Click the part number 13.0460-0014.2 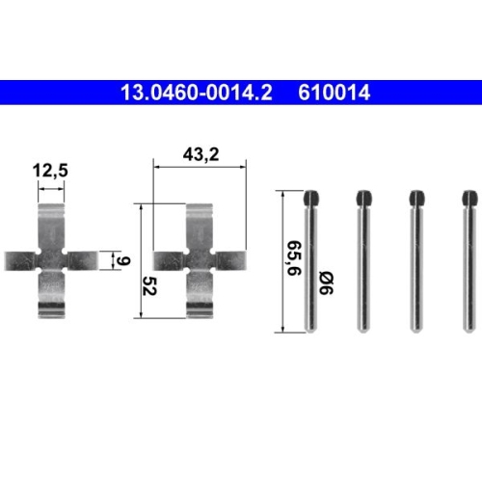pyautogui.click(x=197, y=93)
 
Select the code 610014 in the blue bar pyautogui.click(x=335, y=93)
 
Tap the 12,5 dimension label pyautogui.click(x=50, y=171)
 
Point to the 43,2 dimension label pyautogui.click(x=201, y=154)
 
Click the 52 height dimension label pyautogui.click(x=149, y=285)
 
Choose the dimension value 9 pyautogui.click(x=122, y=260)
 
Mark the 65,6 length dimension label pyautogui.click(x=294, y=257)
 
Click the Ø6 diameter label pyautogui.click(x=326, y=282)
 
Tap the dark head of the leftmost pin pyautogui.click(x=311, y=198)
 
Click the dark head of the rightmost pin pyautogui.click(x=469, y=198)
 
